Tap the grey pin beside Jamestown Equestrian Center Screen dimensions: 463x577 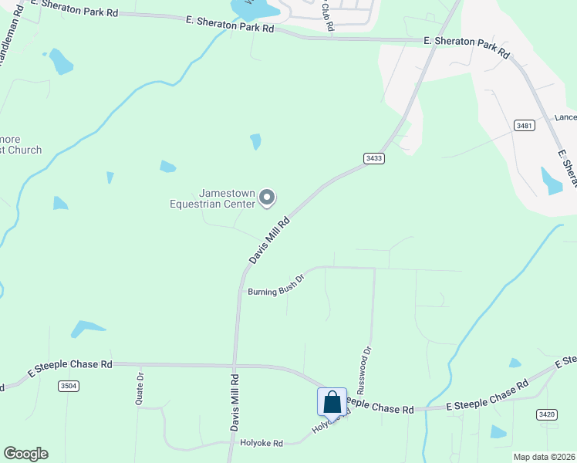click(x=267, y=198)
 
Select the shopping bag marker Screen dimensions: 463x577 click(x=332, y=402)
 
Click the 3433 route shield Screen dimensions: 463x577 click(x=374, y=158)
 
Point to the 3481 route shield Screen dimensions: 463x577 click(x=525, y=124)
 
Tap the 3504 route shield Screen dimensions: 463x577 click(x=68, y=386)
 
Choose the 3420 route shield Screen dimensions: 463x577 click(x=547, y=414)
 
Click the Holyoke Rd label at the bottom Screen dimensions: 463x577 click(x=262, y=444)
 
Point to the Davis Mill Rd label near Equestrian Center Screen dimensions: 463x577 click(x=269, y=241)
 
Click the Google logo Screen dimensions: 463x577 click(x=25, y=454)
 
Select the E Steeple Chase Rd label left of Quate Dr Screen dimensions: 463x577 click(x=71, y=365)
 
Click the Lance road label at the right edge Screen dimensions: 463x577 click(x=565, y=117)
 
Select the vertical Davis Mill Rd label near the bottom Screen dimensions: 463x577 click(x=235, y=401)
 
